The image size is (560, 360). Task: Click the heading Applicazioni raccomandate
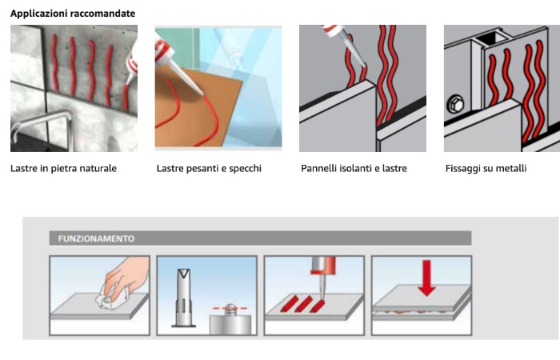[x=73, y=14]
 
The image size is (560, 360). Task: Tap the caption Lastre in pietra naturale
[x=63, y=168]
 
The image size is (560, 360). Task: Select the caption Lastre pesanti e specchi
[x=209, y=168]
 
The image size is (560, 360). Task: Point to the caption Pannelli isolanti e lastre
[x=354, y=168]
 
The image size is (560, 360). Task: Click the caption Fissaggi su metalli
[x=486, y=168]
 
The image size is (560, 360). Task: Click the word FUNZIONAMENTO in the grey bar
[x=96, y=238]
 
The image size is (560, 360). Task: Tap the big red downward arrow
[x=426, y=278]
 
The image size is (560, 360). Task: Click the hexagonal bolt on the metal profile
[x=455, y=104]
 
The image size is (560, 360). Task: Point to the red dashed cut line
[x=230, y=308]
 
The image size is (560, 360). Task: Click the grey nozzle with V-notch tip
[x=183, y=298]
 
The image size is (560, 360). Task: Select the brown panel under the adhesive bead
[x=196, y=107]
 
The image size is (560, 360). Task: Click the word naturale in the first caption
[x=99, y=168]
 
